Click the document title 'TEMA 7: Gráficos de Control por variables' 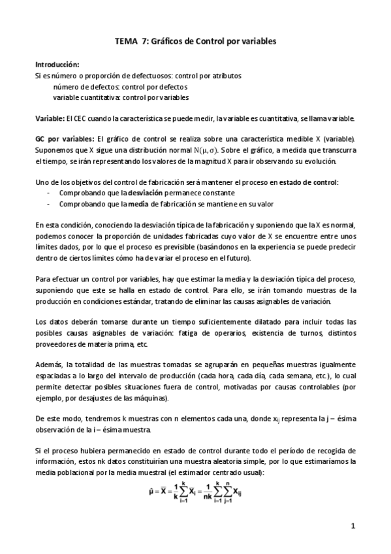pos(195,41)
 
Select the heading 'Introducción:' pos(57,65)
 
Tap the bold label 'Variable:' pos(50,118)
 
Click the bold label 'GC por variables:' pos(64,139)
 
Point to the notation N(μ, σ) pos(193,150)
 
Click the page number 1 pos(352,525)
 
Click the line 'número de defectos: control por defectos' pos(120,86)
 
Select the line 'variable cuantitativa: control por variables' pos(121,97)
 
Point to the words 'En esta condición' pos(63,224)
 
